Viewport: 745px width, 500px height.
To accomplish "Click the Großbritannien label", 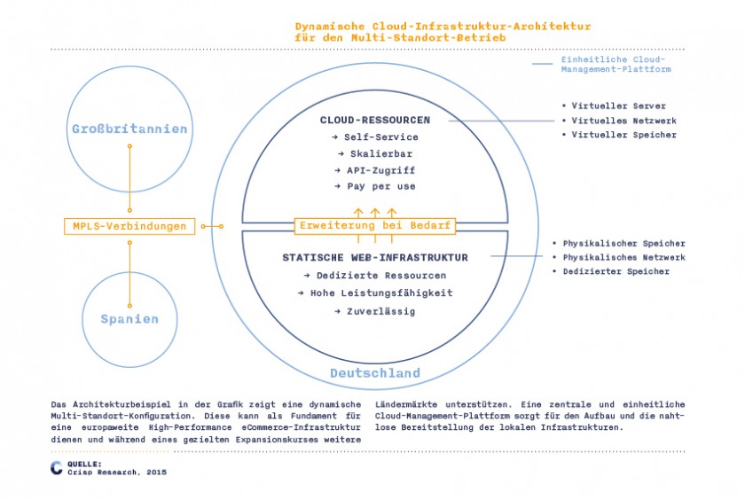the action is click(129, 129).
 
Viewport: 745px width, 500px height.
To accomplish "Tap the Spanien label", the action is click(129, 319).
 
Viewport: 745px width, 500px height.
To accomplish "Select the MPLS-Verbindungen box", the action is click(129, 226).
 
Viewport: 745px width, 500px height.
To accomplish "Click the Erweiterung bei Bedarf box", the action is click(375, 225).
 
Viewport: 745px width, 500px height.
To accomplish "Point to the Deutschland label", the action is click(375, 373).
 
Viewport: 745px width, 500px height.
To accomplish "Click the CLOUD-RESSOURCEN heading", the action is click(375, 121).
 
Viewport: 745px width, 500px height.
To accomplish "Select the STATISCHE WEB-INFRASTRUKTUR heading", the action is click(375, 257).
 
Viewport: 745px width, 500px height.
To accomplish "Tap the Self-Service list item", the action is click(375, 137).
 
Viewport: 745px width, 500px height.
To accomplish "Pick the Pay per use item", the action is click(375, 186).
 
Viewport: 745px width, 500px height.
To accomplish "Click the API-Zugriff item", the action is click(375, 170).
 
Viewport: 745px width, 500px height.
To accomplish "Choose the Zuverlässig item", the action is click(375, 311).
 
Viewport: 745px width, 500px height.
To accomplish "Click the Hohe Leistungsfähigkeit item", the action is click(375, 293).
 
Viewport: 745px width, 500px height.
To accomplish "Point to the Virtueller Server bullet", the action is click(614, 105).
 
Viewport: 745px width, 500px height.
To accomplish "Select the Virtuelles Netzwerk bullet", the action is click(619, 121).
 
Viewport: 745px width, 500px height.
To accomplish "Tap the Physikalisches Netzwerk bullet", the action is click(619, 257).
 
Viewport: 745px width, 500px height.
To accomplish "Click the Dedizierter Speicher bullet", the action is click(611, 271).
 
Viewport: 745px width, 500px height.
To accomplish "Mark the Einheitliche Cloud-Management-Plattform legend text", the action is click(616, 64).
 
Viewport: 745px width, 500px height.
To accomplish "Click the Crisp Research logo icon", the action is click(57, 468).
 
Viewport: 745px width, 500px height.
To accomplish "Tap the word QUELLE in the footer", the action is click(84, 464).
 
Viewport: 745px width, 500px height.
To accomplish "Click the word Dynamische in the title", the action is click(330, 26).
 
